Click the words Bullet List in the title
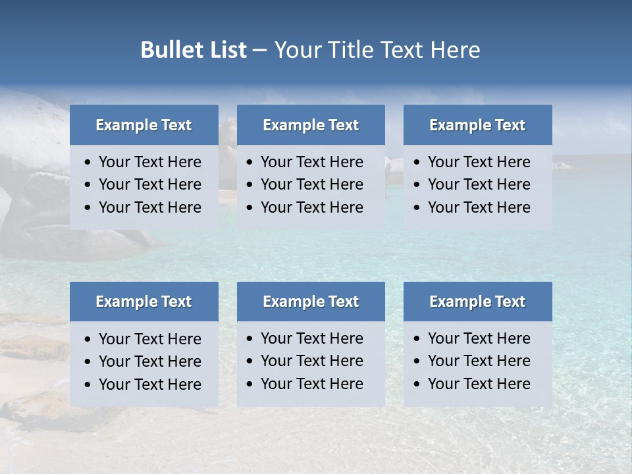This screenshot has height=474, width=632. (194, 50)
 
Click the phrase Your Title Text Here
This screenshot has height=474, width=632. (377, 50)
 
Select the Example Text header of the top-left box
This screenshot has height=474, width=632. (144, 125)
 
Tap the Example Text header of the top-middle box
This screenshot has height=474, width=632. (311, 125)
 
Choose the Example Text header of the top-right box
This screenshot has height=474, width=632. (477, 125)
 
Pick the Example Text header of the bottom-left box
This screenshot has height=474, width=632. (144, 302)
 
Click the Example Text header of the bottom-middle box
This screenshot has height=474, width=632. (311, 302)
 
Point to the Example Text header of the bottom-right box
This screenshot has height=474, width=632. (477, 302)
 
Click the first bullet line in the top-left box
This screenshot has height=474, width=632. (150, 162)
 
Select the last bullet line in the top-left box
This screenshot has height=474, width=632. (150, 207)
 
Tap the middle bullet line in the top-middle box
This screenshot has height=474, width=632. (312, 184)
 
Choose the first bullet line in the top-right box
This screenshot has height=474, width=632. (479, 162)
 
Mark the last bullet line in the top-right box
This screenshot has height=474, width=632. (479, 207)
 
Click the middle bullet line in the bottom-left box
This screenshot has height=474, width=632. (150, 361)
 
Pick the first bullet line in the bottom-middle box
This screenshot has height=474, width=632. (312, 338)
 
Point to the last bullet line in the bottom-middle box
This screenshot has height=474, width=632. (312, 384)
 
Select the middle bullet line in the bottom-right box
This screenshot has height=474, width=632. (479, 361)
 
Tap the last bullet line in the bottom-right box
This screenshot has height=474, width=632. (479, 384)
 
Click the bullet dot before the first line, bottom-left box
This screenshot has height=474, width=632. (88, 340)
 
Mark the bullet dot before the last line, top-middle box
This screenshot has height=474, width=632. (250, 208)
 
